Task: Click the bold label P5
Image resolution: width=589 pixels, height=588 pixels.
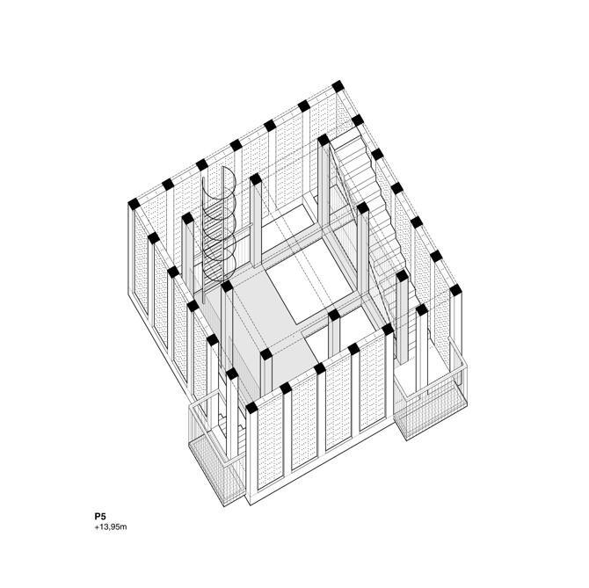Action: click(100, 516)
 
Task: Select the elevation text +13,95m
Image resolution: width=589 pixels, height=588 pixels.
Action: click(111, 527)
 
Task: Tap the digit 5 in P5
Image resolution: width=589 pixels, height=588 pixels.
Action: click(104, 516)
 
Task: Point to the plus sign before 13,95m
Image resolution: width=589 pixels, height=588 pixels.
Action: click(97, 527)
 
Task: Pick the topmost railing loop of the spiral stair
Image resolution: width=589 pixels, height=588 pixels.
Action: click(229, 180)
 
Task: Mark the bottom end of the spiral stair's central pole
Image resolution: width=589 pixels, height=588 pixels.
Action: click(203, 301)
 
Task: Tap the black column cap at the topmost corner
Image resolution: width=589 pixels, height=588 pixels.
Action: click(338, 86)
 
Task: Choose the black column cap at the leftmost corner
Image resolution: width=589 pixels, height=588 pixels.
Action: click(134, 204)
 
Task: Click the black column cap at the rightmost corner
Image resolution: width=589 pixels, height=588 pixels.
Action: click(455, 290)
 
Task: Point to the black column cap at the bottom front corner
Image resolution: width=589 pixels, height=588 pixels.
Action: click(251, 408)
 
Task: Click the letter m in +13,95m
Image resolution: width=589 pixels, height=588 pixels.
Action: click(124, 528)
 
